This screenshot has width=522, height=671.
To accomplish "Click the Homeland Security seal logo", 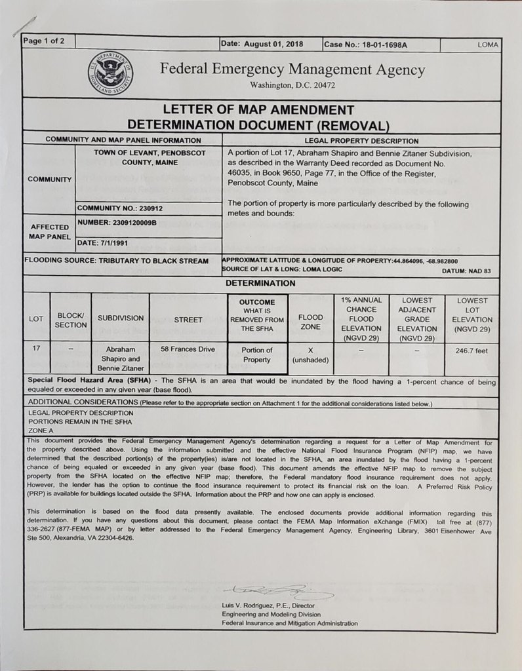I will (x=110, y=72).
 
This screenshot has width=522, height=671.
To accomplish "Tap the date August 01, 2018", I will (x=269, y=45).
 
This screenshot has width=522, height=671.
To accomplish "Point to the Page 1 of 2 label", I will (x=44, y=41).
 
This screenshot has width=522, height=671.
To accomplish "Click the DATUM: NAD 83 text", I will (x=466, y=271).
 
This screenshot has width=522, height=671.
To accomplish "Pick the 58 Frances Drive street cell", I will (x=188, y=350).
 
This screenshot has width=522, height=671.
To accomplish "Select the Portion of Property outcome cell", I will (x=256, y=355).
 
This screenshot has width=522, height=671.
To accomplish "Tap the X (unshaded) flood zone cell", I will (x=310, y=355).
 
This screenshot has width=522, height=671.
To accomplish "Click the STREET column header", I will (x=188, y=320).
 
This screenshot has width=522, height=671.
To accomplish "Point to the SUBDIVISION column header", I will (x=120, y=318).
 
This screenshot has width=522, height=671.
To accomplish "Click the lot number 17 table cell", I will (x=36, y=349).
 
